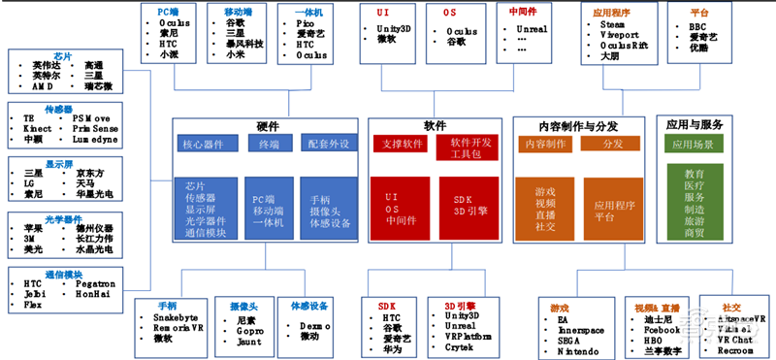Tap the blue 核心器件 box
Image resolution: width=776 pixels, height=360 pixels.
pos(203,145)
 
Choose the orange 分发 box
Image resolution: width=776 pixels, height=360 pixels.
pos(612,145)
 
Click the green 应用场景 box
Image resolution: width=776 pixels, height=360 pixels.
pos(695,145)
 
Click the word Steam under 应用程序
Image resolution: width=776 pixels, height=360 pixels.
pos(613,23)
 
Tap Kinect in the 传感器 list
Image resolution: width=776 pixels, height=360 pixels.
pos(38,127)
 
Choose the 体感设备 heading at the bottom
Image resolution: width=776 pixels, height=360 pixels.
pos(307,304)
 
